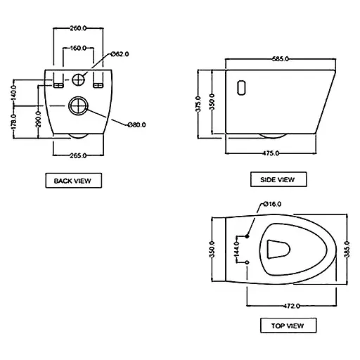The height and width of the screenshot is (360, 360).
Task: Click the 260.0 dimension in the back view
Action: (x=78, y=28)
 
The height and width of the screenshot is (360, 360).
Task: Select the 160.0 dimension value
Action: (x=78, y=49)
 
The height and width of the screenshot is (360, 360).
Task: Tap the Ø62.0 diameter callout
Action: (x=120, y=54)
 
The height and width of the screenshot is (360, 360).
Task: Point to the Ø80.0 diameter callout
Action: (x=137, y=124)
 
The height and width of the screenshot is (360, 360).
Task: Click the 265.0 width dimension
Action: (x=78, y=155)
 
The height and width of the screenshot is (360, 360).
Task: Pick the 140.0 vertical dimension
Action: (x=14, y=93)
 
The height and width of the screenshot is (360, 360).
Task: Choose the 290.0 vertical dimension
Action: (x=38, y=120)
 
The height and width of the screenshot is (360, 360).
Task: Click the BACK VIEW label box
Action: (x=74, y=181)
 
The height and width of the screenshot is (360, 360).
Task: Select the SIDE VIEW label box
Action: (x=278, y=179)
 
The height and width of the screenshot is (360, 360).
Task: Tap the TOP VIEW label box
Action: (x=288, y=326)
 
